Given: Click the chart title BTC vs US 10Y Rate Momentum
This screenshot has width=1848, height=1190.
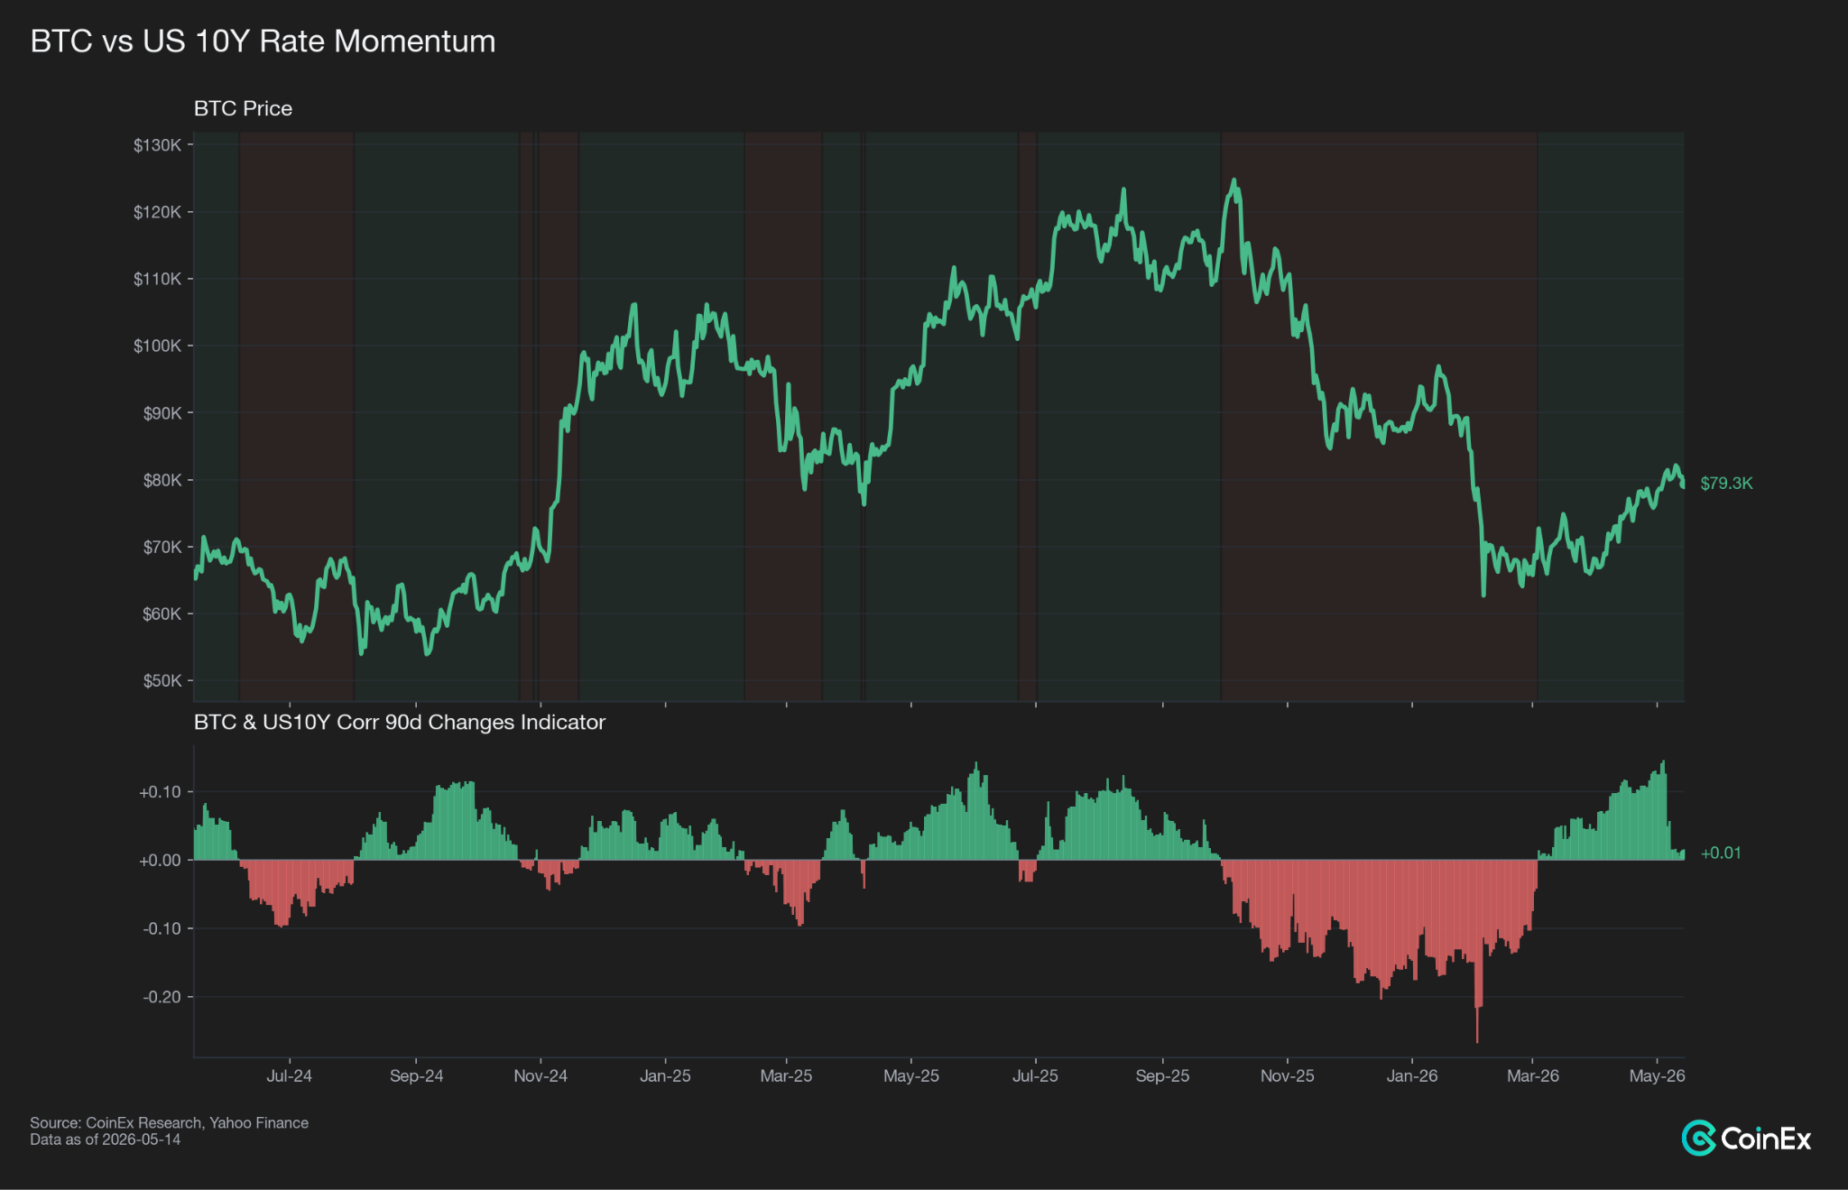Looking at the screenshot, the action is click(263, 42).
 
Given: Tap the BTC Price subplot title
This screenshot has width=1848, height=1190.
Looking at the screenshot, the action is click(243, 108).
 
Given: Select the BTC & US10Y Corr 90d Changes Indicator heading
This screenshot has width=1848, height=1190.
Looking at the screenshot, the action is click(399, 722).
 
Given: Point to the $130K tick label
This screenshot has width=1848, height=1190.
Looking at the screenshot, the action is click(158, 145).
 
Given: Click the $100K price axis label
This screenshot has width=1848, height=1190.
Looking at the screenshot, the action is click(158, 346).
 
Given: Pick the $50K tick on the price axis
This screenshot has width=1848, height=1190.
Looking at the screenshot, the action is click(162, 680).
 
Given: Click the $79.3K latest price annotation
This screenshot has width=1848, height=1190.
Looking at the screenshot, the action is click(1726, 483).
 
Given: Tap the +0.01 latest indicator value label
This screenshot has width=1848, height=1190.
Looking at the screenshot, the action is click(1721, 853).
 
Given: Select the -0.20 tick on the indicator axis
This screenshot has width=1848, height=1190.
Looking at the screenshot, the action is click(162, 997).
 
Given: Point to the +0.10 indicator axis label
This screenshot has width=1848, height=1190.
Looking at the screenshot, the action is click(160, 792).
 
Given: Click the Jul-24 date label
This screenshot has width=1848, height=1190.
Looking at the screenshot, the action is click(289, 1075).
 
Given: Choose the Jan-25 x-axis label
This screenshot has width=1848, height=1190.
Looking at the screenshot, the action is click(665, 1075).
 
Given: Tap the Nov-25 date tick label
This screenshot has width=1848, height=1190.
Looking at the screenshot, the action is click(1287, 1075).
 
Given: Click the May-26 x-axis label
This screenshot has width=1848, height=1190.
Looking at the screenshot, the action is click(1657, 1075).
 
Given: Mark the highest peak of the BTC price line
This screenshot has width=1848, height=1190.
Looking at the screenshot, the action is click(1234, 180).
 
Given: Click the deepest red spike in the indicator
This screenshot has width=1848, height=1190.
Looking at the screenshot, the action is click(1477, 1042).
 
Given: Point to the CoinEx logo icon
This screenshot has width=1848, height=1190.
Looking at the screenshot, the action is click(1699, 1138).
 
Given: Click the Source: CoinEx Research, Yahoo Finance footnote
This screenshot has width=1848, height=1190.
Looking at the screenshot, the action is click(169, 1122).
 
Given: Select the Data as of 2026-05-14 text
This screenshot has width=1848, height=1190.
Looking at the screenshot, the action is click(105, 1139).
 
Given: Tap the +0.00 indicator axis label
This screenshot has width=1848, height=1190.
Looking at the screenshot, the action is click(160, 861).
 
